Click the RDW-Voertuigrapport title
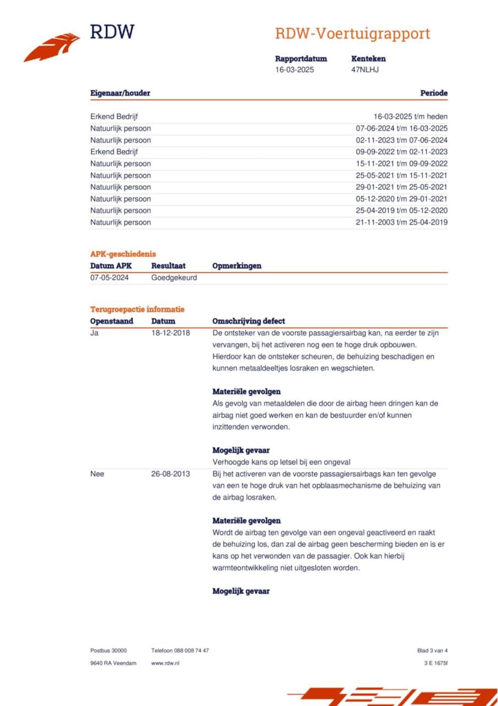pyautogui.click(x=352, y=34)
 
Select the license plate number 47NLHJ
pyautogui.click(x=365, y=70)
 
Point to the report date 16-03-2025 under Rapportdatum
pyautogui.click(x=294, y=70)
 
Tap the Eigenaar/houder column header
pyautogui.click(x=120, y=93)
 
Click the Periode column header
pyautogui.click(x=433, y=93)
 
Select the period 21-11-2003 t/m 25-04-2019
pyautogui.click(x=401, y=222)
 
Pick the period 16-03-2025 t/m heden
pyautogui.click(x=410, y=116)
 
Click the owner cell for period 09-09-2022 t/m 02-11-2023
pyautogui.click(x=114, y=152)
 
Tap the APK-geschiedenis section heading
pyautogui.click(x=123, y=254)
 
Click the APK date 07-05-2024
pyautogui.click(x=109, y=278)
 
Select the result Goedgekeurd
pyautogui.click(x=174, y=278)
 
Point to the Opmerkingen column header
pyautogui.click(x=237, y=266)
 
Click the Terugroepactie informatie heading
pyautogui.click(x=137, y=309)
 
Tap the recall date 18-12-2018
pyautogui.click(x=170, y=333)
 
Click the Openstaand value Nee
pyautogui.click(x=97, y=474)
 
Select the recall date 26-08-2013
pyautogui.click(x=170, y=474)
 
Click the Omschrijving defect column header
pyautogui.click(x=248, y=321)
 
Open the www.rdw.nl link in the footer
pyautogui.click(x=165, y=663)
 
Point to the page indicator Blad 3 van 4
pyautogui.click(x=432, y=651)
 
